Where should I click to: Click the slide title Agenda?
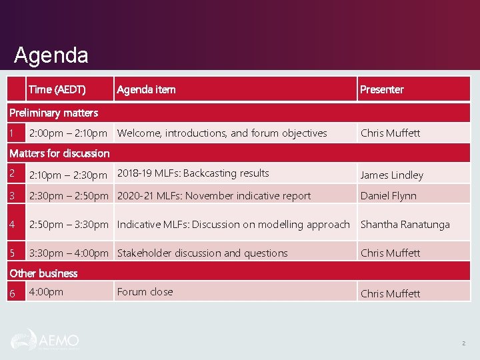(51, 55)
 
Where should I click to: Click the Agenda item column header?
(146, 89)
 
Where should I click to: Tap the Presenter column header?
(381, 89)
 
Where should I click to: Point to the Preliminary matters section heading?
(53, 113)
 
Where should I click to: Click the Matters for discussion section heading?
(59, 153)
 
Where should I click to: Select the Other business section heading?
(43, 273)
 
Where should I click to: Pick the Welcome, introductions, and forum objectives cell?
(222, 133)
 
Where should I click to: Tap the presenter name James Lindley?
(391, 175)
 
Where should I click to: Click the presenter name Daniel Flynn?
(388, 196)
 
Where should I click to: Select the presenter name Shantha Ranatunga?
(405, 225)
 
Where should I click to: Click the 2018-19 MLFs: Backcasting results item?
(193, 173)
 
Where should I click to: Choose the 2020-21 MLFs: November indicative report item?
(213, 196)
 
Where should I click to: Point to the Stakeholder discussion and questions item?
(202, 253)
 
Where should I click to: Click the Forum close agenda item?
(145, 292)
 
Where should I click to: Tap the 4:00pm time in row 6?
(46, 292)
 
